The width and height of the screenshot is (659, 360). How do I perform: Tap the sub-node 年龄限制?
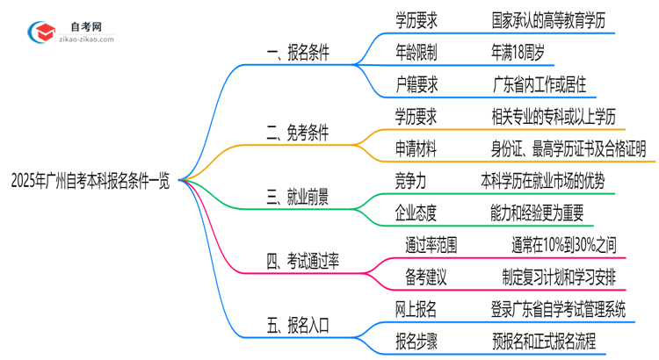pos(416,53)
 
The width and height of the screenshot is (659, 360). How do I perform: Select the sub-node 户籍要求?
pos(416,84)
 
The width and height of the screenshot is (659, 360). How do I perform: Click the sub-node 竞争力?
pos(410,180)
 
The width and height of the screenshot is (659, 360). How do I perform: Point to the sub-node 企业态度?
pos(416,212)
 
